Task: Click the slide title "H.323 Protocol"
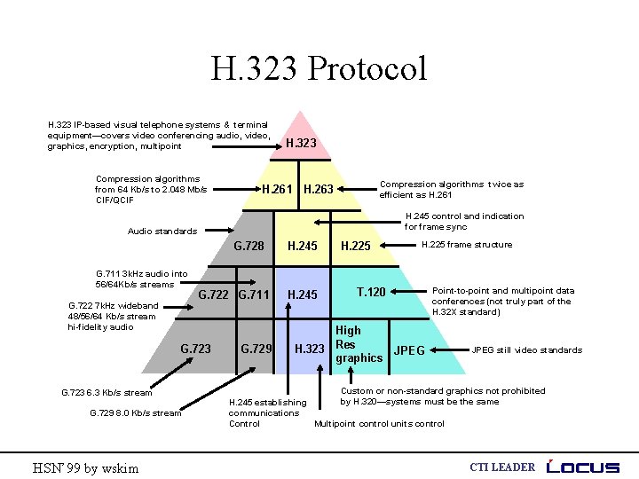pyautogui.click(x=319, y=68)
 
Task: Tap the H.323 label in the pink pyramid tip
pyautogui.click(x=301, y=143)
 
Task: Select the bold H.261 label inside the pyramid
pyautogui.click(x=277, y=189)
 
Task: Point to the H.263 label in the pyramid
pyautogui.click(x=319, y=189)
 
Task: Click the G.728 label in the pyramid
pyautogui.click(x=248, y=246)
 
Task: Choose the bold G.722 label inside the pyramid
pyautogui.click(x=214, y=294)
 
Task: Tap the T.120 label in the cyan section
pyautogui.click(x=370, y=291)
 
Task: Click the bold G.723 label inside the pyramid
pyautogui.click(x=195, y=349)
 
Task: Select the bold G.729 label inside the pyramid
pyautogui.click(x=256, y=349)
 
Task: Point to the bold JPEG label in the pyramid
pyautogui.click(x=409, y=350)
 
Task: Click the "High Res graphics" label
pyautogui.click(x=359, y=344)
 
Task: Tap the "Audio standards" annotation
pyautogui.click(x=162, y=232)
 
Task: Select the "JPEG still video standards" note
pyautogui.click(x=527, y=350)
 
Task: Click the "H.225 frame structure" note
pyautogui.click(x=466, y=245)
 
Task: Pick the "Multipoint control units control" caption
pyautogui.click(x=380, y=424)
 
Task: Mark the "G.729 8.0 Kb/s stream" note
pyautogui.click(x=136, y=412)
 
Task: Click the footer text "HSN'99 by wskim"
pyautogui.click(x=85, y=467)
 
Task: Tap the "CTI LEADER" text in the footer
pyautogui.click(x=501, y=467)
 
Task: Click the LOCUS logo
pyautogui.click(x=584, y=467)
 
